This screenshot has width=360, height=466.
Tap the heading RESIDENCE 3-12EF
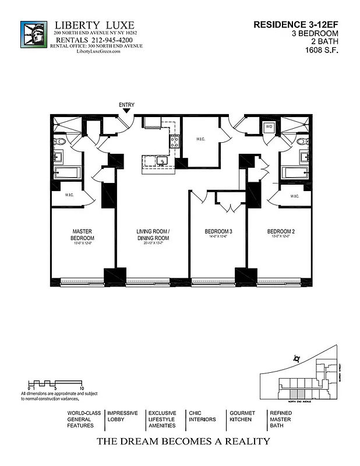click(297, 24)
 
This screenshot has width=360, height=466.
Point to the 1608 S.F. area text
click(322, 50)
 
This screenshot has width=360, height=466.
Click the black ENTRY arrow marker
click(126, 111)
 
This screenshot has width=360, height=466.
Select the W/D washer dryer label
click(269, 126)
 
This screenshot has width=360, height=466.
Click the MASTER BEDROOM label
click(82, 235)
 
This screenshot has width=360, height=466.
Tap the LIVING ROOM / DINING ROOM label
click(153, 235)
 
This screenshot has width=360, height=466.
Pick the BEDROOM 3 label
click(218, 232)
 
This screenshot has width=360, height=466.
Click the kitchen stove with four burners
click(174, 140)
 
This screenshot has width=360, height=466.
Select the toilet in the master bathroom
click(57, 142)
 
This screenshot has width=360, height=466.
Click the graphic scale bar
click(55, 383)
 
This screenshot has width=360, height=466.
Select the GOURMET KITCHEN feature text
click(242, 416)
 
